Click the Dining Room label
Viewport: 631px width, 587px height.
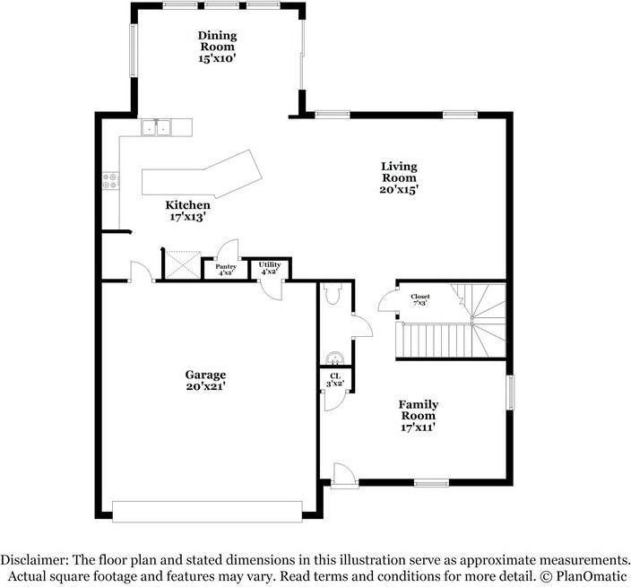tap(217, 41)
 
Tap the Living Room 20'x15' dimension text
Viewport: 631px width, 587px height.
tap(399, 189)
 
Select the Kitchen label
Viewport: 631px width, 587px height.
tap(188, 205)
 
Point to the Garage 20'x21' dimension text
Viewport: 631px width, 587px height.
tap(205, 386)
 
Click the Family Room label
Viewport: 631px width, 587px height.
tap(419, 410)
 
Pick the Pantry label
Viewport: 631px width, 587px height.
tap(226, 267)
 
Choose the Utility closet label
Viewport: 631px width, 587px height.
tap(270, 264)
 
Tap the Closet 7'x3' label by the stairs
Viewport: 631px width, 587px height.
tap(420, 299)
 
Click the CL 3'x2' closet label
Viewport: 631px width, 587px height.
tap(335, 380)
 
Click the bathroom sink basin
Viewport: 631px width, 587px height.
tap(334, 358)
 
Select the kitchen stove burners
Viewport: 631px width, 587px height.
tap(110, 181)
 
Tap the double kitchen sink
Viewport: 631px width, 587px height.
tap(156, 127)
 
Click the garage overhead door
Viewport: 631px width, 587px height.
tap(207, 512)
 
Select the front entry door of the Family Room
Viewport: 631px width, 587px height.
tap(344, 477)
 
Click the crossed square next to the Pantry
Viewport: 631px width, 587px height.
tap(184, 264)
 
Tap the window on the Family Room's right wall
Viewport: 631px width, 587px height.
tap(510, 393)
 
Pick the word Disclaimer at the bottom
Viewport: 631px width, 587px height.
tap(33, 560)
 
